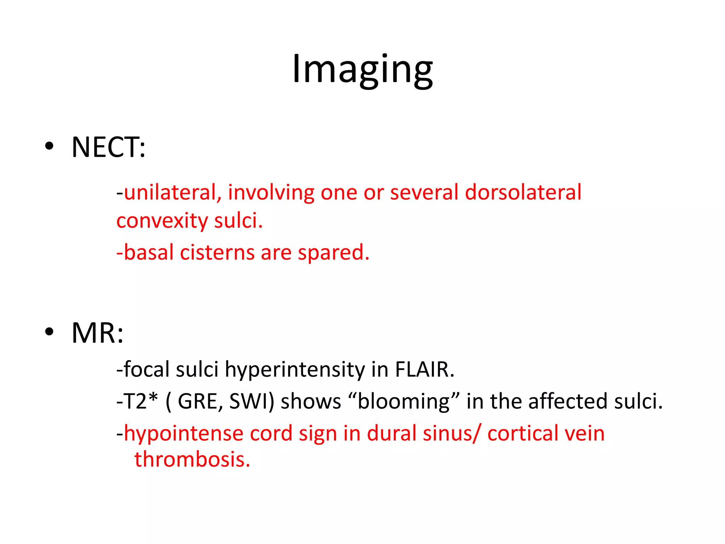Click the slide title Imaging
pyautogui.click(x=362, y=69)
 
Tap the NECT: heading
pyautogui.click(x=108, y=147)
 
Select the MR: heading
pyautogui.click(x=97, y=333)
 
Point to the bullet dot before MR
pyautogui.click(x=50, y=332)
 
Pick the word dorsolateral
pyautogui.click(x=523, y=192)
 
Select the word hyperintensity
pyautogui.click(x=295, y=370)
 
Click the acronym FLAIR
pyautogui.click(x=424, y=369)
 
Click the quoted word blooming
pyautogui.click(x=404, y=402)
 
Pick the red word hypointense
pyautogui.click(x=184, y=434)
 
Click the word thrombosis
pyautogui.click(x=192, y=459)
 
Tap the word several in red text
pyautogui.click(x=424, y=192)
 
